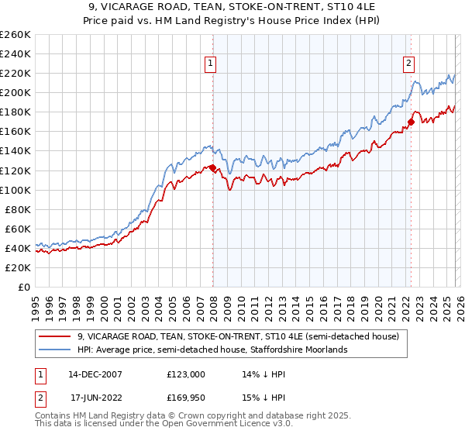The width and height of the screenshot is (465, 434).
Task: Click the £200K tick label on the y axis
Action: click(x=15, y=92)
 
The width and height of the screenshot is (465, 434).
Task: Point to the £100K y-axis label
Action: click(x=15, y=190)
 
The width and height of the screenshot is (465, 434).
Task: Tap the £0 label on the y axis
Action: click(x=23, y=287)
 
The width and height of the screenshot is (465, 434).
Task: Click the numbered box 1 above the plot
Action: click(x=211, y=64)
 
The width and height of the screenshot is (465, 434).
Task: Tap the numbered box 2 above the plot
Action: click(x=408, y=64)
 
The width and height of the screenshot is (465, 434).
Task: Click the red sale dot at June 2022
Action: click(x=411, y=122)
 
